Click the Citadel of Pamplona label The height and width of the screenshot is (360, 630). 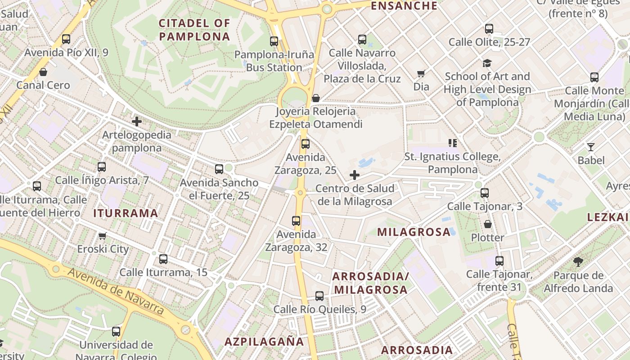194,30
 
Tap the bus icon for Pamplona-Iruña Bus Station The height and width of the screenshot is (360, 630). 274,41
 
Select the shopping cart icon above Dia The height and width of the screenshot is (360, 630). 421,73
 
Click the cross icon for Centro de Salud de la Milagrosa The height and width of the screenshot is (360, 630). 355,175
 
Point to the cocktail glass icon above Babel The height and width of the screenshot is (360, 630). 591,147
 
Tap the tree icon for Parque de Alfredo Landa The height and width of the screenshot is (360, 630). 578,262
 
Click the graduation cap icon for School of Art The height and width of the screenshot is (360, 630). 487,63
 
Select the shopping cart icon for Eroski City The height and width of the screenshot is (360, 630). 103,236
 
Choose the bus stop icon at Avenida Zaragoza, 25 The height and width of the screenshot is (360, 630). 306,144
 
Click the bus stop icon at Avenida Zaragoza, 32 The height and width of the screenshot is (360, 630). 296,221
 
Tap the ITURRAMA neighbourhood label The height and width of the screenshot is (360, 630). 126,213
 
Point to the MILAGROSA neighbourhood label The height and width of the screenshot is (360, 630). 414,232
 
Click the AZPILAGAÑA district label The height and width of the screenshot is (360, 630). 264,342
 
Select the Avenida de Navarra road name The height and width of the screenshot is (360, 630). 116,291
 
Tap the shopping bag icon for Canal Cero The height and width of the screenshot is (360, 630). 43,72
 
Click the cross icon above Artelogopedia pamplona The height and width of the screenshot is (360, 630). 137,121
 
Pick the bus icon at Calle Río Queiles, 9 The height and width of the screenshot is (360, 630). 319,296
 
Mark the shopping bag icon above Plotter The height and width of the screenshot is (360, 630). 487,224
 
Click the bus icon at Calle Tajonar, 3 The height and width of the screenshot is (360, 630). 485,193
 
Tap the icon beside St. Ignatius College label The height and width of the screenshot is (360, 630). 453,143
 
